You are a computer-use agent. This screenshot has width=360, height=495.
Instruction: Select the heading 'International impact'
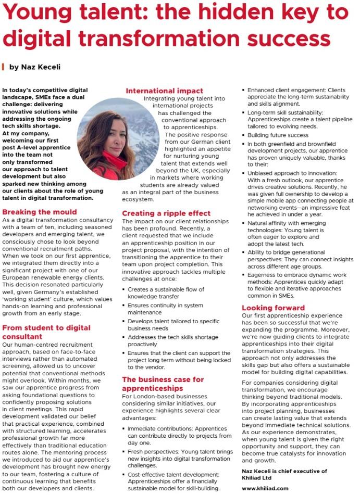tap(164, 91)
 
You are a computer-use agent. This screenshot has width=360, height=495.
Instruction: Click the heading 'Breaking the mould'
tap(40, 212)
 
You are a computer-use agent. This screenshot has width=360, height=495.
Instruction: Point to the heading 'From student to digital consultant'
tap(46, 332)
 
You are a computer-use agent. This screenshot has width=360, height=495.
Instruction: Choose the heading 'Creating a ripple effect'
tap(166, 213)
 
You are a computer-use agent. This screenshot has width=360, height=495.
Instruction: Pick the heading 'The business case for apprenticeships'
tap(163, 384)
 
